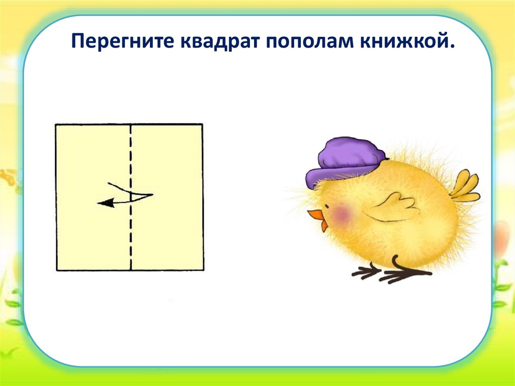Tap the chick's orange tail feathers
[x=465, y=186]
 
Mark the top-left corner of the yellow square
[x=56, y=124]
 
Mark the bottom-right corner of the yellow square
[x=202, y=270]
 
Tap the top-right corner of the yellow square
[x=202, y=124]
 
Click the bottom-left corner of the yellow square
[x=56, y=270]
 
